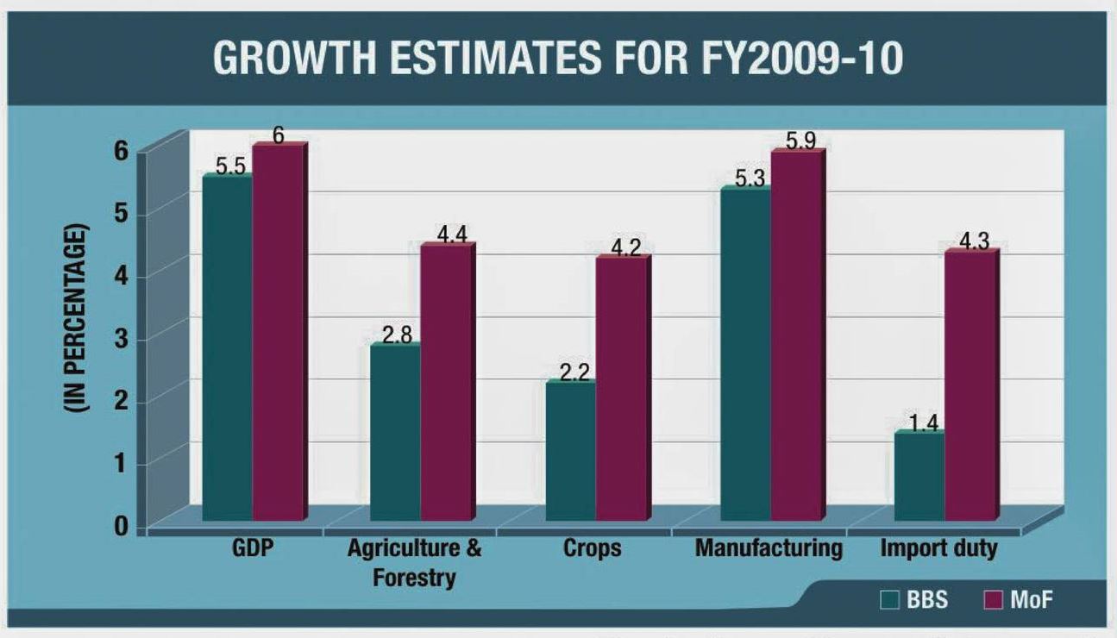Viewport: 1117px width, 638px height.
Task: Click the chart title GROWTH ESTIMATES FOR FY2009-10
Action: pos(557,58)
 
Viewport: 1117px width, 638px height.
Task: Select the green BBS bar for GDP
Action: pos(228,345)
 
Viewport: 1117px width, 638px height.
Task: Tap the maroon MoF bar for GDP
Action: pos(278,332)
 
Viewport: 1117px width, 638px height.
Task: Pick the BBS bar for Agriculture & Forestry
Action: pos(395,431)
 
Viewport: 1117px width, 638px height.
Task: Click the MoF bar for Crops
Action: pos(621,388)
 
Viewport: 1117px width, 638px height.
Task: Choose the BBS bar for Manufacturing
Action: pos(746,353)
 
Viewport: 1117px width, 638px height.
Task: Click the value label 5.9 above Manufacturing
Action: pos(800,140)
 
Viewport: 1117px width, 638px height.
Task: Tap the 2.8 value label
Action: pos(397,335)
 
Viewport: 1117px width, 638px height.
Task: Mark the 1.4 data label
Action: pos(921,422)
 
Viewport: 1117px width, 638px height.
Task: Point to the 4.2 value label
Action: pos(626,247)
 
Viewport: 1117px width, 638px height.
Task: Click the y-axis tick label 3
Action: pos(119,338)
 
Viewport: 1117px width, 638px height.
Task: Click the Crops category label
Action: pos(592,548)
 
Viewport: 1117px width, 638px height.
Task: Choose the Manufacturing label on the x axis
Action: pos(769,548)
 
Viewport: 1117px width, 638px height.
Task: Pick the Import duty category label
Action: pos(938,548)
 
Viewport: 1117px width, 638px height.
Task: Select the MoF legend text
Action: pos(1032,600)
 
